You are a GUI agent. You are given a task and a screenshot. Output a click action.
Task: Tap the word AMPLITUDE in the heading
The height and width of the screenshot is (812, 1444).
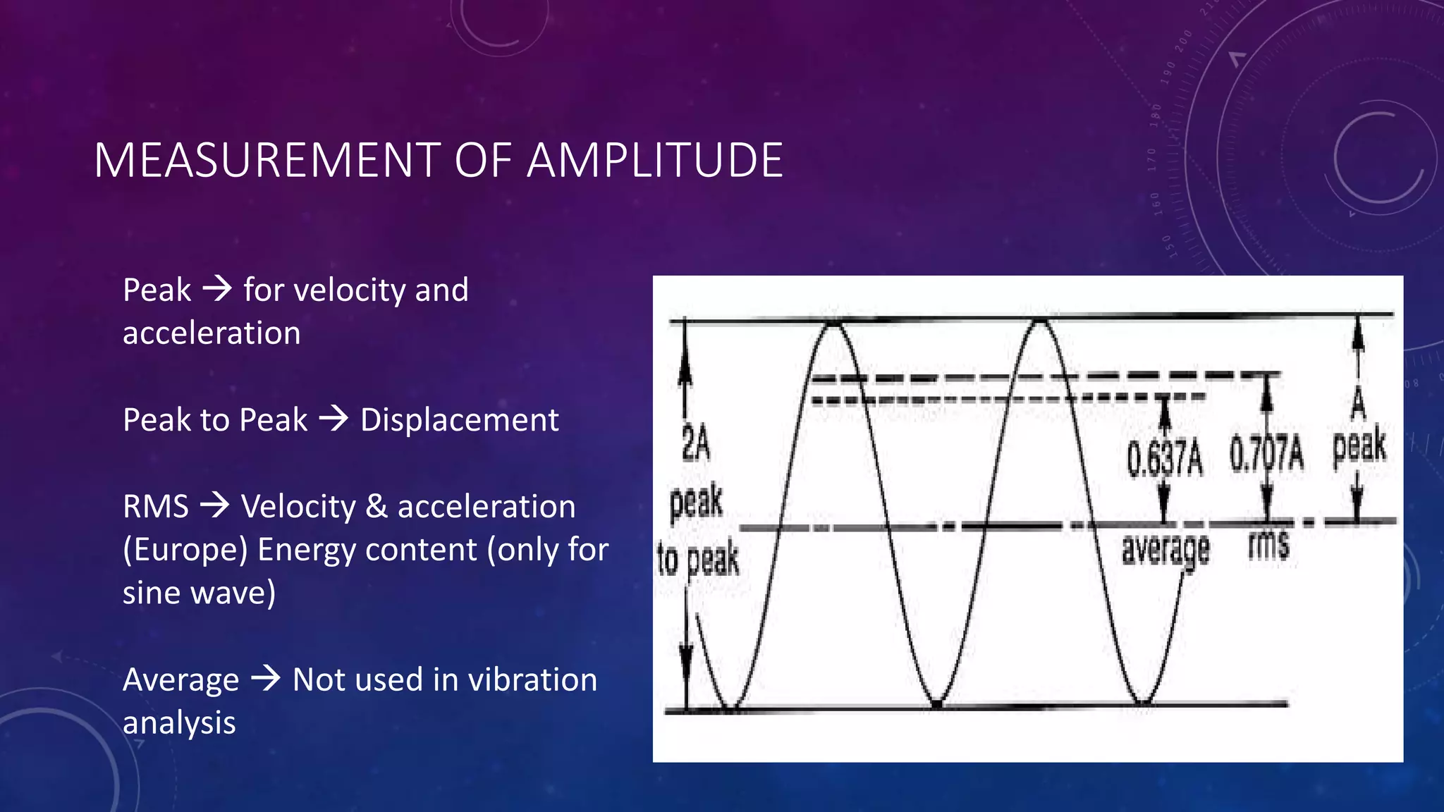pyautogui.click(x=655, y=161)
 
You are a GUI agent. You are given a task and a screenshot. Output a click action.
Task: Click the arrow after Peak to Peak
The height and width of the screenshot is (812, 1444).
pyautogui.click(x=334, y=419)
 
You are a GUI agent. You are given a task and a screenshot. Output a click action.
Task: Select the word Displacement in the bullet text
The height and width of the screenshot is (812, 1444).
pyautogui.click(x=459, y=420)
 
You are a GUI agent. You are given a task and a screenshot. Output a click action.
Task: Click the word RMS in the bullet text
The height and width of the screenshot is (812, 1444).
pyautogui.click(x=156, y=506)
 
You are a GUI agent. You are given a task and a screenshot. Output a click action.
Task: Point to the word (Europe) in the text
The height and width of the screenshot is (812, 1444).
pyautogui.click(x=185, y=550)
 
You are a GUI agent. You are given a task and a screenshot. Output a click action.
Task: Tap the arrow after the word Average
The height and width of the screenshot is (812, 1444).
pyautogui.click(x=266, y=679)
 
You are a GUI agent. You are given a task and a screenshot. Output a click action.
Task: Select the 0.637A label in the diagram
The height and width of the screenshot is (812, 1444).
pyautogui.click(x=1164, y=458)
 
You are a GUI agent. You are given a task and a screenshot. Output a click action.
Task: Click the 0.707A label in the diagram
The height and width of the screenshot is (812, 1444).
pyautogui.click(x=1266, y=455)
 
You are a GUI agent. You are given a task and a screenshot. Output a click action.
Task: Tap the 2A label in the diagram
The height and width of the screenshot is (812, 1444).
pyautogui.click(x=695, y=445)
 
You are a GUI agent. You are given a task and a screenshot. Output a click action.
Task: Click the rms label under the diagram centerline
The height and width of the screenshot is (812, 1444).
pyautogui.click(x=1268, y=545)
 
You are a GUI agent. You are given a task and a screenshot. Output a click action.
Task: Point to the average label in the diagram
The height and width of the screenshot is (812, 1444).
pyautogui.click(x=1165, y=550)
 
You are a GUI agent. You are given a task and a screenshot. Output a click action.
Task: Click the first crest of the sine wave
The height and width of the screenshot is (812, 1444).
pyautogui.click(x=834, y=324)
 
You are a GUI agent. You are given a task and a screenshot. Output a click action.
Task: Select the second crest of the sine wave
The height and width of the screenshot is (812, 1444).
pyautogui.click(x=1041, y=322)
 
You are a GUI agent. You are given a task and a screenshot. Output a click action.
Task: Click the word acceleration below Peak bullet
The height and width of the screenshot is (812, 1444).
pyautogui.click(x=212, y=333)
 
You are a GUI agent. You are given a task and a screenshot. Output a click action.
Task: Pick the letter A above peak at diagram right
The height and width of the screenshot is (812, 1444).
pyautogui.click(x=1358, y=405)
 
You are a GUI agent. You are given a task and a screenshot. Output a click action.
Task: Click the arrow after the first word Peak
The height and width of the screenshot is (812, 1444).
pyautogui.click(x=217, y=289)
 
